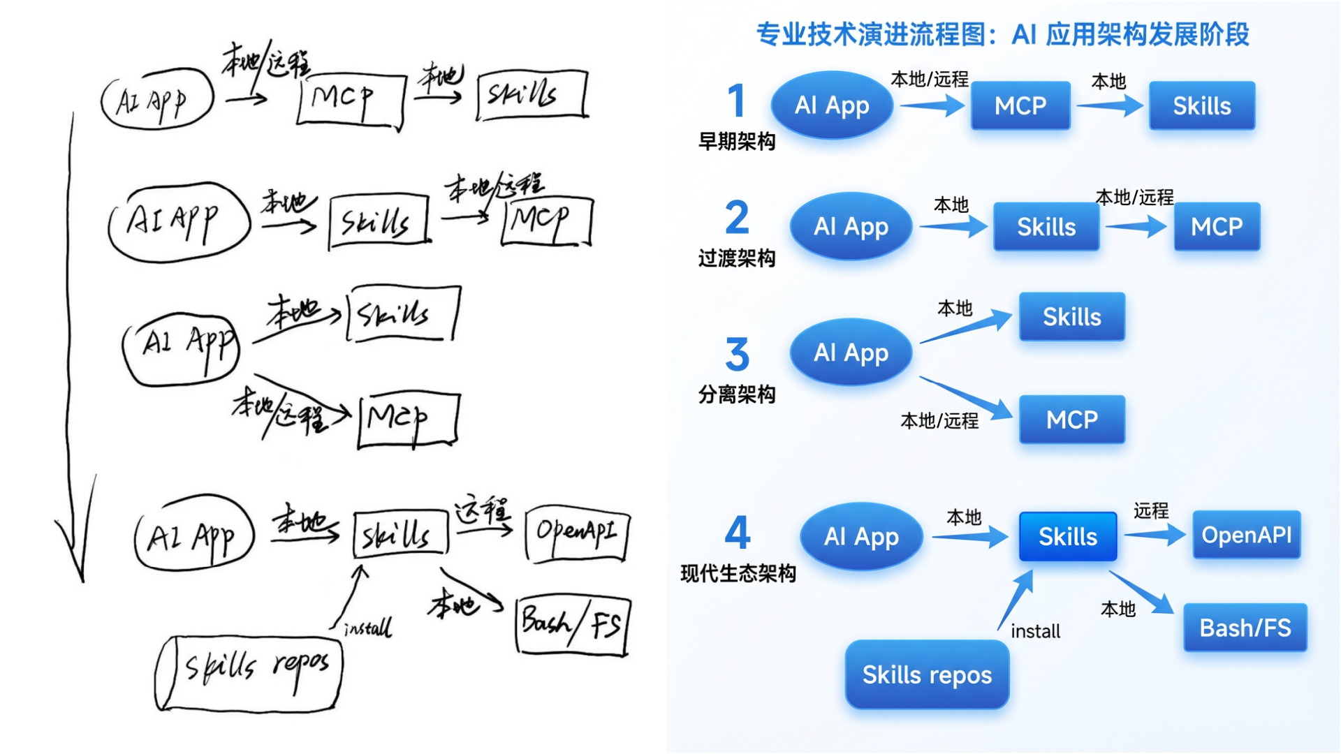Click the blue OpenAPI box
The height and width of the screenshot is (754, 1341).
(x=1246, y=535)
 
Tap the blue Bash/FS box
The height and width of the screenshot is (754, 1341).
(x=1245, y=628)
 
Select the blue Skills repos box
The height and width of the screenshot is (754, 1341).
(x=927, y=675)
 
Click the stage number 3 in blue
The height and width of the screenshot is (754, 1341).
(x=737, y=355)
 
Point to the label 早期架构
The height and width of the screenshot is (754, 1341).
(x=737, y=142)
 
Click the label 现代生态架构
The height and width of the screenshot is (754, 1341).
(x=738, y=574)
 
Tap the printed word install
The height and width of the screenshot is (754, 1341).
(x=1035, y=632)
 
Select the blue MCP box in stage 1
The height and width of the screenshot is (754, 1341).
(x=1020, y=106)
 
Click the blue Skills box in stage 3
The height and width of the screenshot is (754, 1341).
(x=1071, y=317)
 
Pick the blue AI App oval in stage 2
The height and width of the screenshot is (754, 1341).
(x=851, y=226)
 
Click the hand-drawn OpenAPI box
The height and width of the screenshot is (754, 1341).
(x=577, y=533)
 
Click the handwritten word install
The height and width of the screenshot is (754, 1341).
(x=368, y=628)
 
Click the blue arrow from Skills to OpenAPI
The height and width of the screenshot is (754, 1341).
(x=1155, y=535)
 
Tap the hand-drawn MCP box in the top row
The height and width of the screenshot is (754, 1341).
(x=351, y=100)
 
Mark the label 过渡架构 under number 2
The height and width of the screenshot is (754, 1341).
(x=737, y=258)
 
